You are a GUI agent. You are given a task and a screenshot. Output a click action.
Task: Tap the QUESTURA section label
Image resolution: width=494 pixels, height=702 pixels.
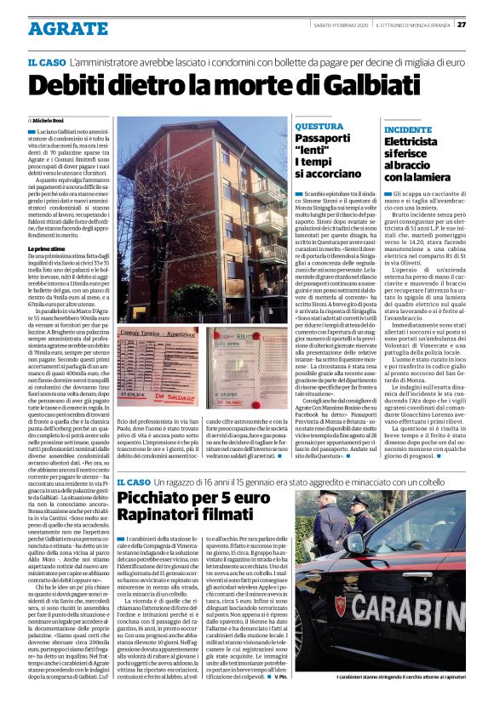point(319,126)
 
